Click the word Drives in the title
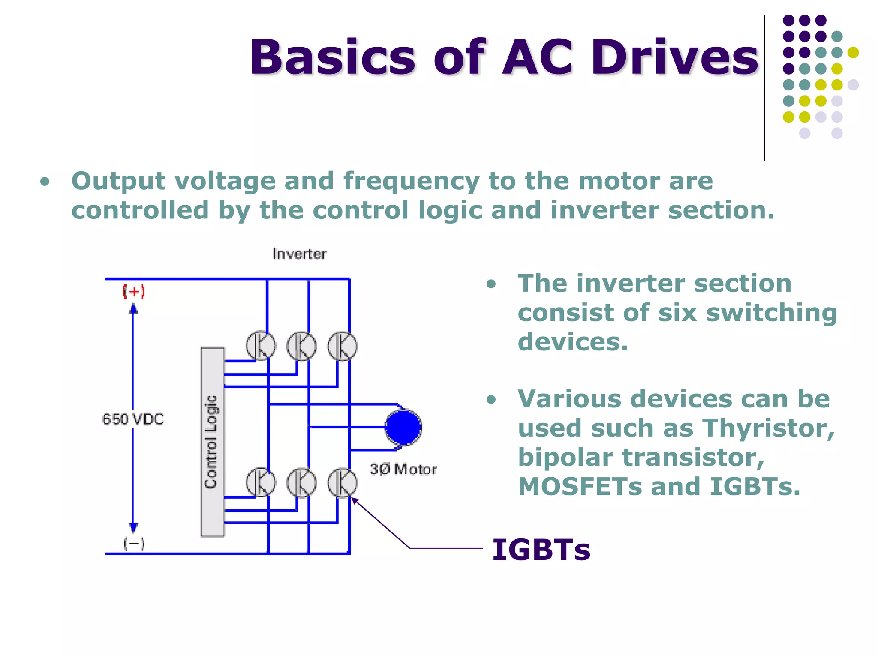tap(675, 57)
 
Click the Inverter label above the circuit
tap(299, 254)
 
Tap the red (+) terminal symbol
tap(134, 292)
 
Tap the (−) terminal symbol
tap(134, 544)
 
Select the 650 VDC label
tap(133, 419)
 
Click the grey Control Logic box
tap(213, 442)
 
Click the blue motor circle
tap(403, 427)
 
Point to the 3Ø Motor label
tap(403, 469)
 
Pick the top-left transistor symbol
tap(261, 346)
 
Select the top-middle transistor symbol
tap(301, 346)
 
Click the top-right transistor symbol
tap(342, 346)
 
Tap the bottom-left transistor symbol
tap(261, 482)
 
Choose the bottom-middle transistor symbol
tap(301, 482)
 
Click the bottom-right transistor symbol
tap(342, 482)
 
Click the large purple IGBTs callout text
tap(541, 550)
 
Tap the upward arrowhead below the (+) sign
tap(133, 308)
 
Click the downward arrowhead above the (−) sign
tap(133, 527)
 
